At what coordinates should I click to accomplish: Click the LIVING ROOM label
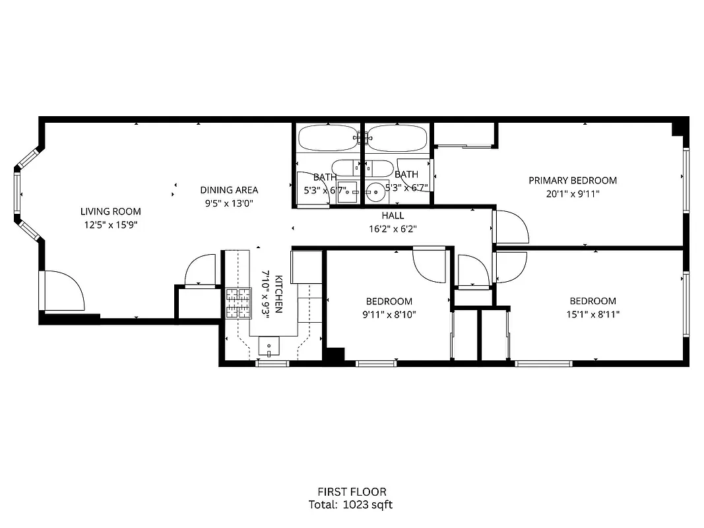click(x=111, y=212)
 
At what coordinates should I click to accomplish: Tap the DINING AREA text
click(x=229, y=190)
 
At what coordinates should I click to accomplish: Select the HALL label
click(x=393, y=216)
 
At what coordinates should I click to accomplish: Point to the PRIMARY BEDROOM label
click(x=573, y=180)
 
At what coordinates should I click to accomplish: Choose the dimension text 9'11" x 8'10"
click(x=389, y=314)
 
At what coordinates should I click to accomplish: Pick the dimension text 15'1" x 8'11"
click(x=592, y=314)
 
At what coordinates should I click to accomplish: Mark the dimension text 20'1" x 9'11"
click(x=573, y=194)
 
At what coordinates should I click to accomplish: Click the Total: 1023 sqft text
click(x=351, y=505)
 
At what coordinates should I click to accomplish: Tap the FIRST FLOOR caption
click(x=351, y=492)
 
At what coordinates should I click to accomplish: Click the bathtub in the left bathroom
click(x=327, y=139)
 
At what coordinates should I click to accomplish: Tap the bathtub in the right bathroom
click(x=396, y=139)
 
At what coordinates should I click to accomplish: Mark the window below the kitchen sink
click(x=272, y=363)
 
